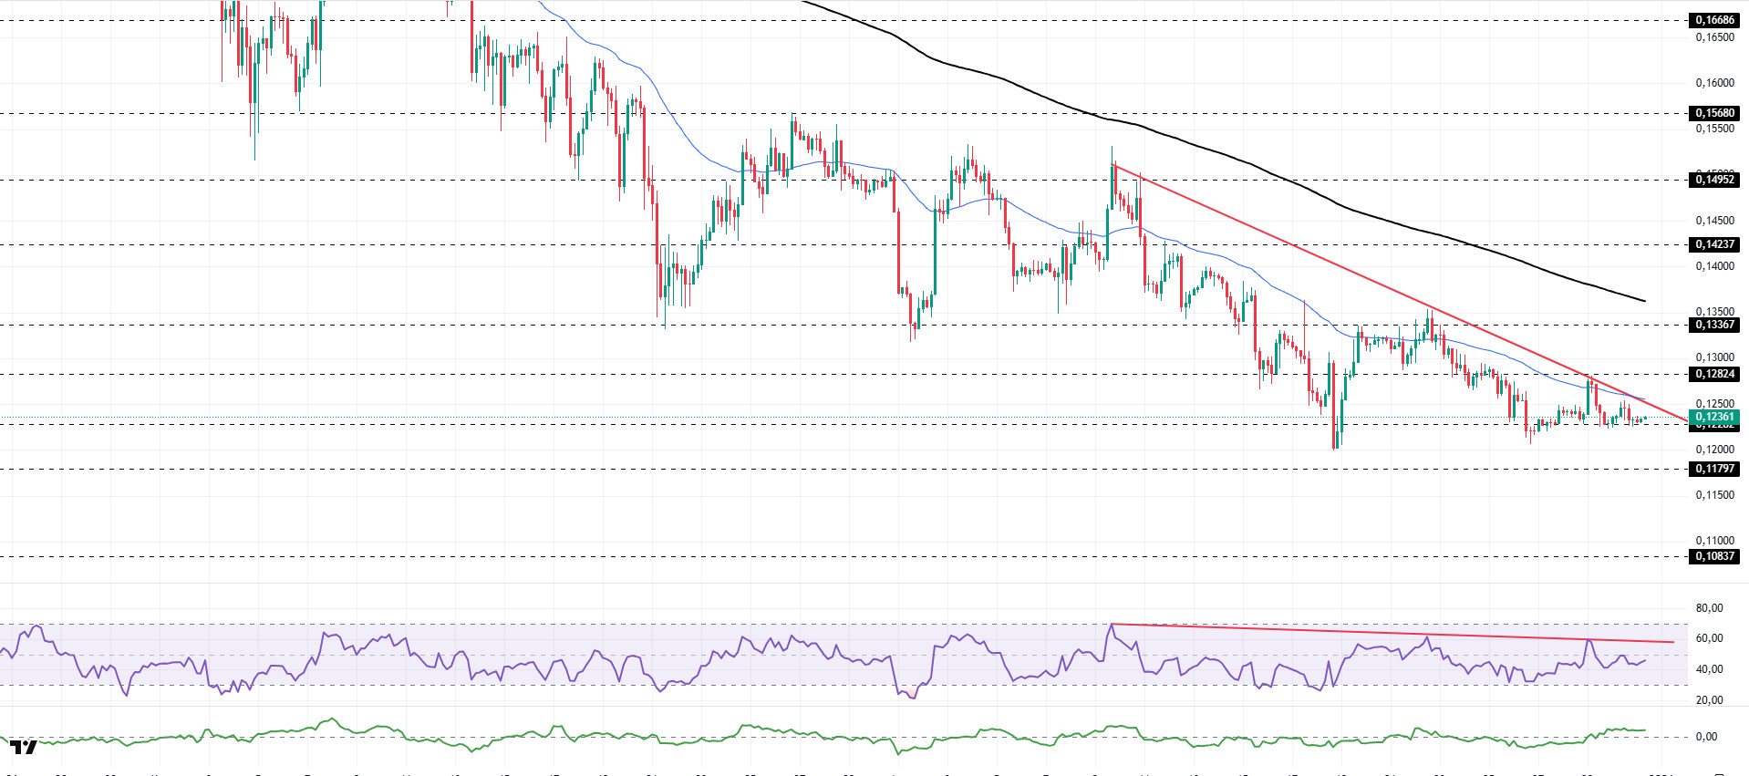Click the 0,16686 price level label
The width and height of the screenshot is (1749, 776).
click(1713, 20)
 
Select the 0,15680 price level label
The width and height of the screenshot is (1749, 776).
click(1713, 113)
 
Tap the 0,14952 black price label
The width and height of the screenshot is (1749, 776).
click(1713, 180)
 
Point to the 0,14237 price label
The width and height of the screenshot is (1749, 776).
click(1713, 244)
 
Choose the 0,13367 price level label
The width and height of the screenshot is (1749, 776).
click(1713, 325)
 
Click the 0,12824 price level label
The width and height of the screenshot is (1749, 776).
click(1713, 374)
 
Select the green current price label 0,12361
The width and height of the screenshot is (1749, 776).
click(1713, 417)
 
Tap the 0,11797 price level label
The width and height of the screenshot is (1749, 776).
click(1713, 469)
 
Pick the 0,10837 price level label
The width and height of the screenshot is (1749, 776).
click(1713, 556)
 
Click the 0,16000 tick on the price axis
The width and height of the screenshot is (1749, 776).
click(1714, 83)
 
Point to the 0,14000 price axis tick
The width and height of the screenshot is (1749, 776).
click(1714, 266)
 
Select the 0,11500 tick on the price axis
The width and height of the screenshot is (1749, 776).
click(1714, 495)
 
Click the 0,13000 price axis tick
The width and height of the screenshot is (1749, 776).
click(1714, 357)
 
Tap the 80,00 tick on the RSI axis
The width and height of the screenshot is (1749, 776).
click(1709, 608)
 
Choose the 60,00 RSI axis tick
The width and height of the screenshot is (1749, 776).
click(1709, 638)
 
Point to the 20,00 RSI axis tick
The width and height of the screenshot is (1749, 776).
click(1709, 700)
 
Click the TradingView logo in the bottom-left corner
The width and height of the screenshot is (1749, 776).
click(24, 748)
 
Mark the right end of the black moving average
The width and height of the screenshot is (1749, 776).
click(1645, 301)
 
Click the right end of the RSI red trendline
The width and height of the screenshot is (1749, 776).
click(1673, 642)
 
